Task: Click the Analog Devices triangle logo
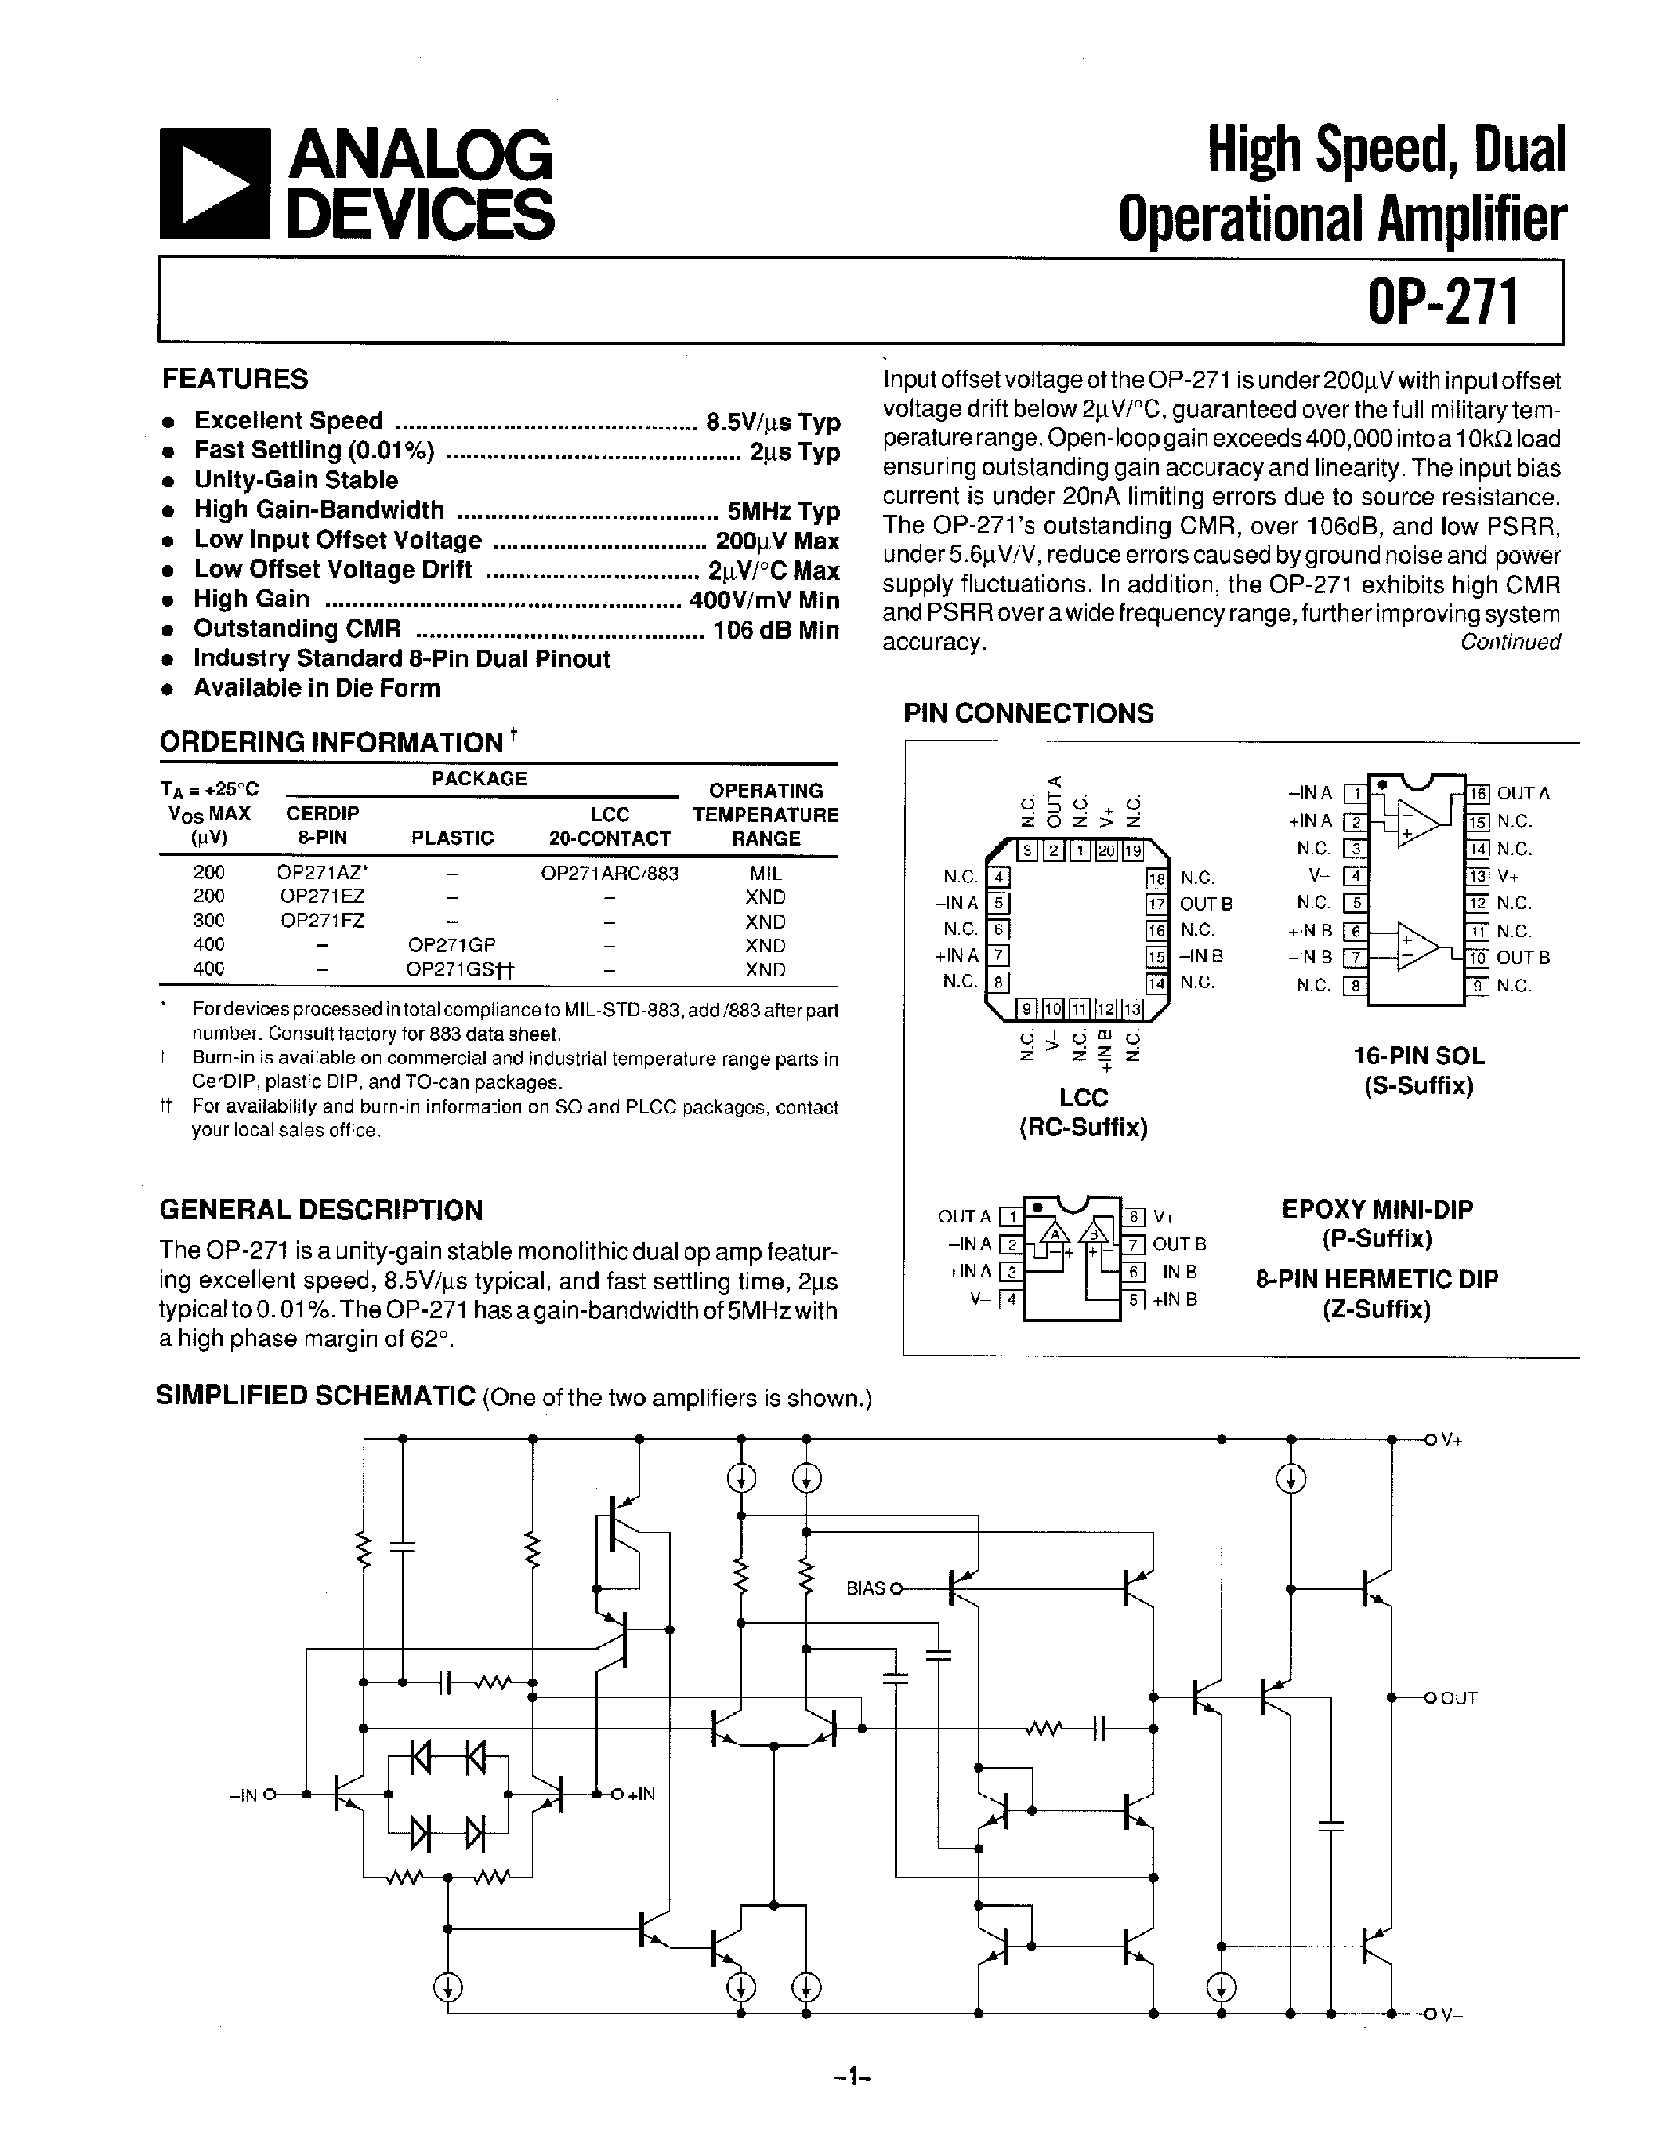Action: point(214,183)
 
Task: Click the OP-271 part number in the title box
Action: point(1441,302)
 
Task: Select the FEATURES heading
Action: point(235,379)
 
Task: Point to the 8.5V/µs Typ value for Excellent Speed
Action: point(773,422)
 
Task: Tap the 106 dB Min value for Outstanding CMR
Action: point(775,629)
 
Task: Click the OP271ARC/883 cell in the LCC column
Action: point(610,873)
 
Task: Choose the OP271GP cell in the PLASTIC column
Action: point(452,945)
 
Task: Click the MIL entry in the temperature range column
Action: point(766,873)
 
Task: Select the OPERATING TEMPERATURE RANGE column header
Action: point(766,814)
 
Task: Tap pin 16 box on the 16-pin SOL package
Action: point(1478,793)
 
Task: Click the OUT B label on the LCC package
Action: point(1205,904)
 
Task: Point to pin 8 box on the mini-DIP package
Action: point(1135,1217)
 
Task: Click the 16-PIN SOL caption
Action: point(1418,1056)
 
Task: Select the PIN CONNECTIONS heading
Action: point(1028,713)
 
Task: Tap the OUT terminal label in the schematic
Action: point(1458,1698)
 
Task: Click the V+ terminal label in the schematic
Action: point(1451,1440)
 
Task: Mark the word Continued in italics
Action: point(1510,643)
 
